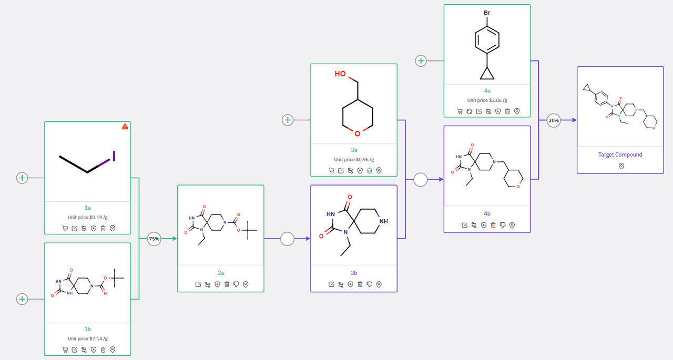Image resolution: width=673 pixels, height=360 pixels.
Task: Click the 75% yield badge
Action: click(154, 239)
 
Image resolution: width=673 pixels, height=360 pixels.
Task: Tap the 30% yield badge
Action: click(554, 120)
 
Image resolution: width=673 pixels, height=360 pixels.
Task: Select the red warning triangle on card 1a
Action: click(125, 127)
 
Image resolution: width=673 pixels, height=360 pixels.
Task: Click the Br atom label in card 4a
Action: click(487, 13)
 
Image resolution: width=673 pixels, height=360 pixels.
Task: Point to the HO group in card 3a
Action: click(340, 74)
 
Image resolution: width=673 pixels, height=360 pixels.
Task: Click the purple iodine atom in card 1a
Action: click(114, 156)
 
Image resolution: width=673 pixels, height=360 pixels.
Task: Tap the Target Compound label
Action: click(620, 155)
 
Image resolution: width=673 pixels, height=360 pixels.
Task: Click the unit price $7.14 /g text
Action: click(87, 338)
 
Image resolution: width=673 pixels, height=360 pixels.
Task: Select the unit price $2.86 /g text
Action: click(487, 100)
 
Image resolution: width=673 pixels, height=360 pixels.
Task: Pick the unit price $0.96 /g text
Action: click(354, 159)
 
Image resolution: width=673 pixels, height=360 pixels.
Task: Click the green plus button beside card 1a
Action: click(22, 178)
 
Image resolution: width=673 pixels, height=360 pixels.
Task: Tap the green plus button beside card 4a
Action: click(421, 61)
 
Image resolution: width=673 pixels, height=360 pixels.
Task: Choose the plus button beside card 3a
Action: click(288, 120)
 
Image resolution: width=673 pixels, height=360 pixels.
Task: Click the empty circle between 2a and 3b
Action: click(287, 239)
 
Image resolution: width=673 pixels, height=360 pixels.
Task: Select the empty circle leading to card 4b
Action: click(420, 180)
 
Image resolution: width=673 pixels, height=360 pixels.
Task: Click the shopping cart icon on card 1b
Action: click(65, 349)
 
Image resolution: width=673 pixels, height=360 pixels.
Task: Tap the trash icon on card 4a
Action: click(507, 111)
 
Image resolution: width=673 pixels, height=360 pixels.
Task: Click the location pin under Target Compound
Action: click(621, 166)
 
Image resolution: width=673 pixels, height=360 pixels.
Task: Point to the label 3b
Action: click(354, 273)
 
